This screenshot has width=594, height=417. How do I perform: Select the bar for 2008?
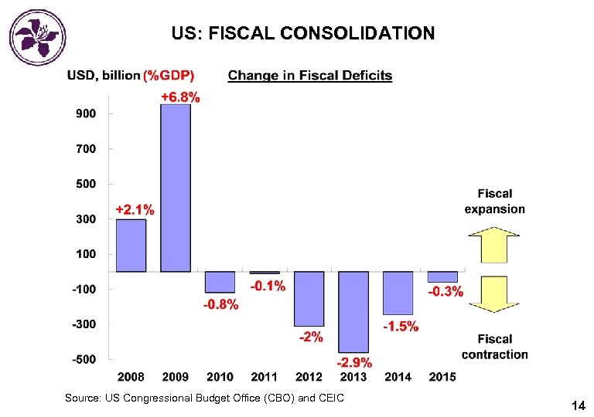tap(131, 245)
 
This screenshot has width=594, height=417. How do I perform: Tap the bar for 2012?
tap(309, 298)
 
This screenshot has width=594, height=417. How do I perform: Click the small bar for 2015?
tap(442, 276)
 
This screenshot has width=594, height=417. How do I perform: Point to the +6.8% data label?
tap(180, 97)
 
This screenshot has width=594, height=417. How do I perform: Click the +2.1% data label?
tap(135, 209)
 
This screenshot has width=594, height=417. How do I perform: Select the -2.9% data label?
tap(353, 362)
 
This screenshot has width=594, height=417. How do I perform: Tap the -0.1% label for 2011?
tap(267, 286)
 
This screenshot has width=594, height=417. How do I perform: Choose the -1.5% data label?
tap(401, 327)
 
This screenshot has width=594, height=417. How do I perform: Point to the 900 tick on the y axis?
tap(85, 113)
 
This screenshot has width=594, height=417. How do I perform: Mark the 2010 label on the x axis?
tap(220, 377)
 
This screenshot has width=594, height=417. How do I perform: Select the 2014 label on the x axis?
tap(398, 377)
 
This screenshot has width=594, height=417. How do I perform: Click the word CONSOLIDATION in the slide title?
tap(358, 33)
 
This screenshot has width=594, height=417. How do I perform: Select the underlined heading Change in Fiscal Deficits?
tap(309, 76)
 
